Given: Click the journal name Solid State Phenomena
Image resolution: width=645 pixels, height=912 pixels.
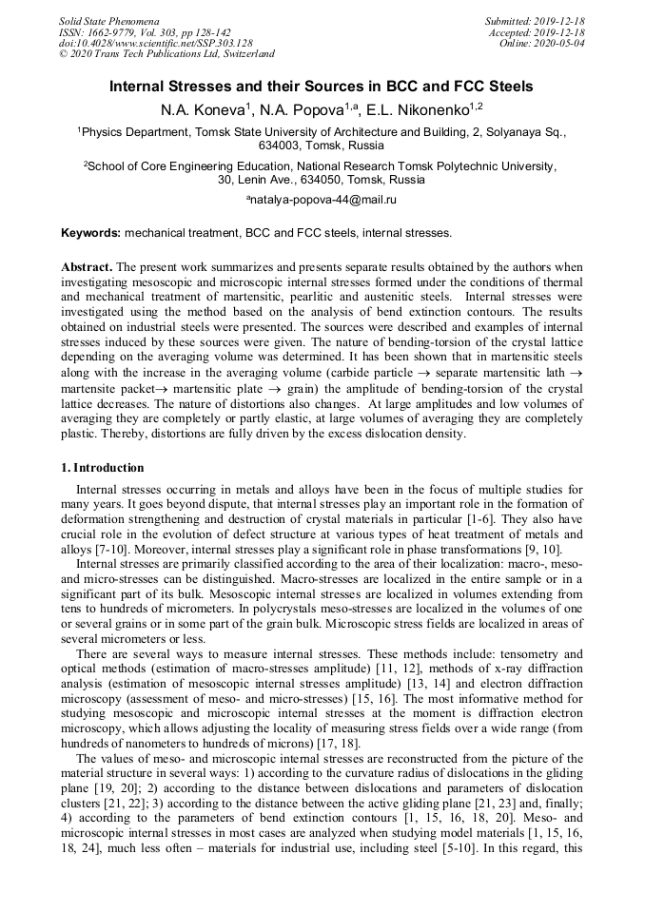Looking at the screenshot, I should pyautogui.click(x=107, y=21).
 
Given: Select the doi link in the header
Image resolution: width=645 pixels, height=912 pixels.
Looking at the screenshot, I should pyautogui.click(x=155, y=44).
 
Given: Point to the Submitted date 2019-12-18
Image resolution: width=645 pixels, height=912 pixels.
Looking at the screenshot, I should pyautogui.click(x=535, y=21).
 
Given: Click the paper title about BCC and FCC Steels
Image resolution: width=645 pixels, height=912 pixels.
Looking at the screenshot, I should pyautogui.click(x=322, y=87).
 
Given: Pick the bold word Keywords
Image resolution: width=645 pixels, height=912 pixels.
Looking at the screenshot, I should pyautogui.click(x=91, y=232).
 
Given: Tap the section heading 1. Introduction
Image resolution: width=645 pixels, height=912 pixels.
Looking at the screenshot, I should pyautogui.click(x=103, y=468).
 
